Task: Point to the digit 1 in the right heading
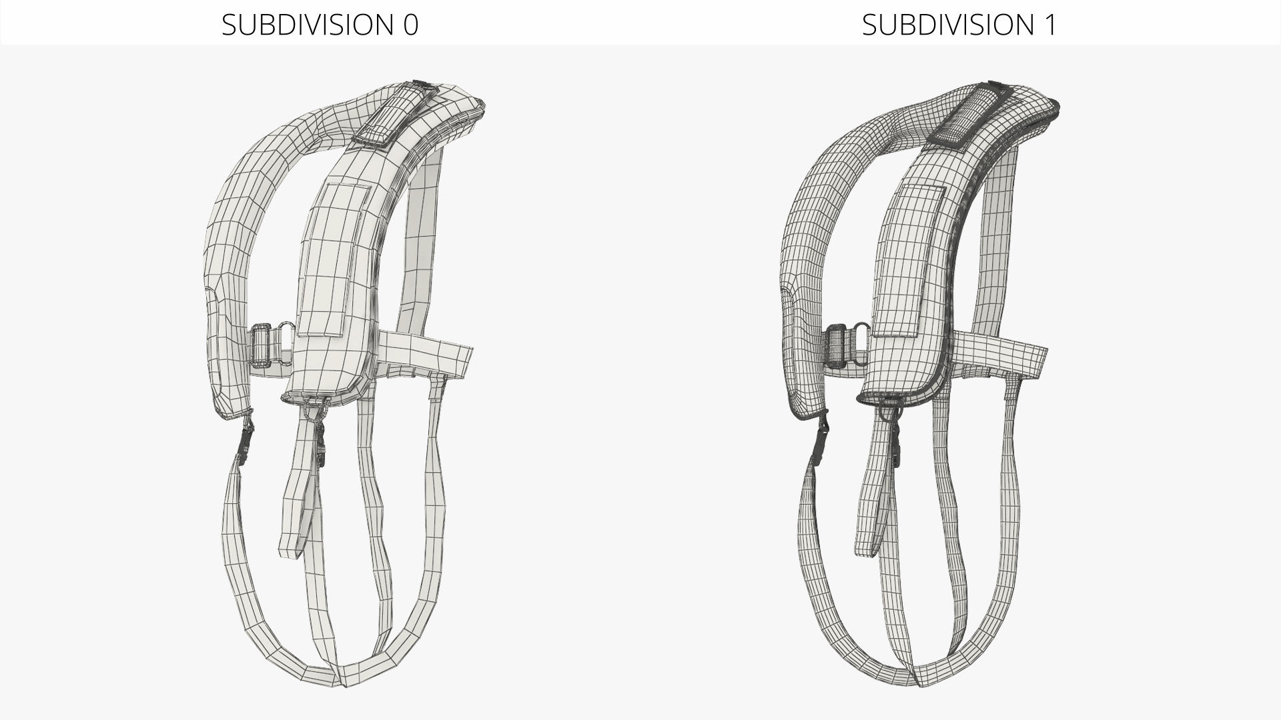[1051, 25]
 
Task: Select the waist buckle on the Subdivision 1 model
[839, 345]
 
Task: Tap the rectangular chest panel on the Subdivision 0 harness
[334, 260]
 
